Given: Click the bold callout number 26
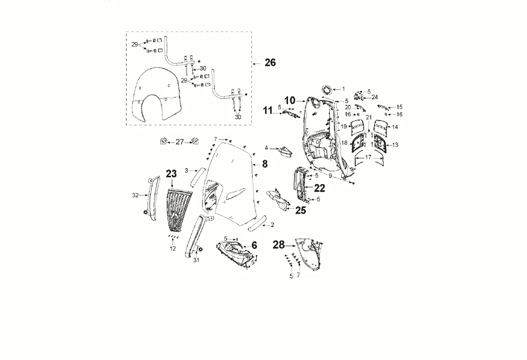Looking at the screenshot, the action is pyautogui.click(x=270, y=63).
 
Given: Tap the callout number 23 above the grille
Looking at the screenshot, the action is pyautogui.click(x=171, y=174).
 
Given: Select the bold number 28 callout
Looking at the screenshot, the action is pyautogui.click(x=279, y=245).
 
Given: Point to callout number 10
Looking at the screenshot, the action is pyautogui.click(x=290, y=100).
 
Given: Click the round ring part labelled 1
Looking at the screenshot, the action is pyautogui.click(x=327, y=89).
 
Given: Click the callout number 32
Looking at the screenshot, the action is pyautogui.click(x=135, y=195).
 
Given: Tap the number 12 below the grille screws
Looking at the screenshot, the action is pyautogui.click(x=173, y=248).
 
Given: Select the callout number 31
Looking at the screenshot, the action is pyautogui.click(x=196, y=260).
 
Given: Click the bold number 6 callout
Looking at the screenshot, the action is pyautogui.click(x=254, y=245).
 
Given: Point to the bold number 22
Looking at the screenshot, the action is pyautogui.click(x=319, y=188).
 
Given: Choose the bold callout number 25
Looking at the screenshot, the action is pyautogui.click(x=301, y=211).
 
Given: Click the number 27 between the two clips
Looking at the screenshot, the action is pyautogui.click(x=180, y=142).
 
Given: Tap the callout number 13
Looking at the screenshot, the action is pyautogui.click(x=395, y=145).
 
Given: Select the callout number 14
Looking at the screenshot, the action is pyautogui.click(x=395, y=127).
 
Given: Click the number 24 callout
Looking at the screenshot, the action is pyautogui.click(x=374, y=97).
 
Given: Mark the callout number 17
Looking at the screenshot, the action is pyautogui.click(x=369, y=157).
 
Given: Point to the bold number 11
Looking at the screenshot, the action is pyautogui.click(x=267, y=110).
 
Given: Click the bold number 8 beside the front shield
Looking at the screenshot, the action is pyautogui.click(x=265, y=164).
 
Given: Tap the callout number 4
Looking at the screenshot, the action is pyautogui.click(x=266, y=148).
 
